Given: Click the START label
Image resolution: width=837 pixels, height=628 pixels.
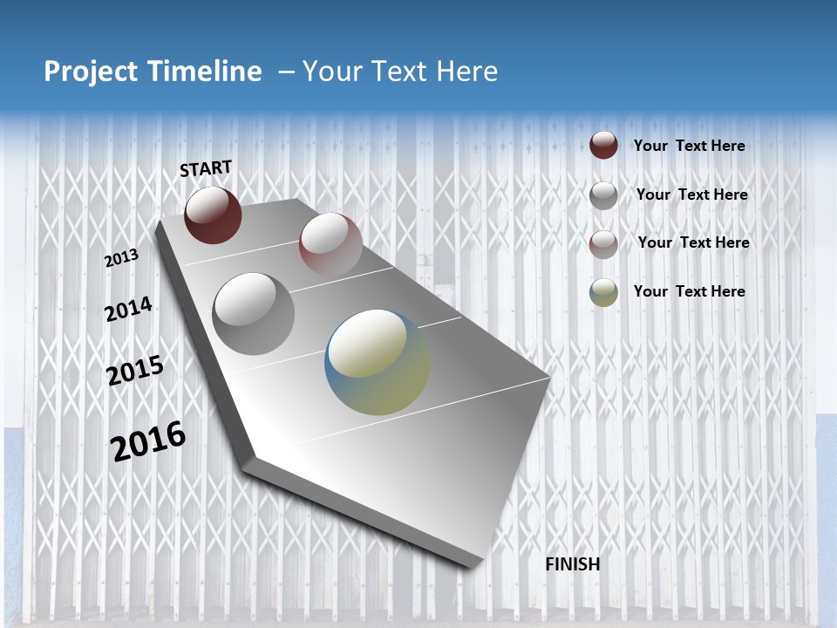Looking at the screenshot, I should tap(206, 167).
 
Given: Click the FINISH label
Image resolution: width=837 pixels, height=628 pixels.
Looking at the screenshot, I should tap(572, 564).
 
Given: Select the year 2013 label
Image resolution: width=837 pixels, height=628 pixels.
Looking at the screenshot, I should tap(122, 258).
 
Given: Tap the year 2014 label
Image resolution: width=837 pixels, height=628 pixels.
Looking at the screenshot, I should tap(128, 310).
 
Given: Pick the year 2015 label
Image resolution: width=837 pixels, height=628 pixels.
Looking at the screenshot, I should tap(135, 370).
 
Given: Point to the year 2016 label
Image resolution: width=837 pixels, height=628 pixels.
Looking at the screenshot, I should tap(148, 440).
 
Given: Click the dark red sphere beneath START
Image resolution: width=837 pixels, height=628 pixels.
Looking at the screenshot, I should tap(213, 215).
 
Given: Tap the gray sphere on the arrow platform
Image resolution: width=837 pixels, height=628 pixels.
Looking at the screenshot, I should tap(253, 313).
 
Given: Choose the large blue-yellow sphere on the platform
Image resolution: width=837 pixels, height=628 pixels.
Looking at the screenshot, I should tap(378, 362).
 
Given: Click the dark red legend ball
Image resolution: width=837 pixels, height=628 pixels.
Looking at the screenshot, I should tap(603, 145).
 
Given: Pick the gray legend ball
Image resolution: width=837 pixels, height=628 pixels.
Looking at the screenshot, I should tap(603, 195).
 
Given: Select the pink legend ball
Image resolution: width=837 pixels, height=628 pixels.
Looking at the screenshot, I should tap(603, 243).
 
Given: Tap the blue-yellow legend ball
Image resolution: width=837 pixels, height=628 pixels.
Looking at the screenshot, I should tap(603, 292).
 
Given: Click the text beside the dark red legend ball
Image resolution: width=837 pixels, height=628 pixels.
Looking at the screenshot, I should tap(689, 146).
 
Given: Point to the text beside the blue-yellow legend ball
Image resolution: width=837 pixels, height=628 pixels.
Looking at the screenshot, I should tap(689, 291).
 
